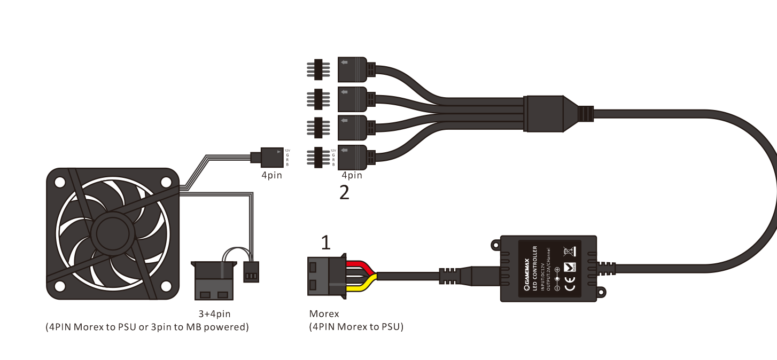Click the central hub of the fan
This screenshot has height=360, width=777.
tap(112, 234)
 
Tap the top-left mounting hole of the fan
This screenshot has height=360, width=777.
tap(60, 183)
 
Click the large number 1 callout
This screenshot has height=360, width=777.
tap(325, 244)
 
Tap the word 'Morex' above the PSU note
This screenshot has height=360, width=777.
tap(324, 314)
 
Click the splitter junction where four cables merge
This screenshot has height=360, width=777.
tap(545, 113)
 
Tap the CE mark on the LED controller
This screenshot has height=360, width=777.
tap(570, 287)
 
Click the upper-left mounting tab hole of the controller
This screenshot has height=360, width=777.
tap(495, 245)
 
